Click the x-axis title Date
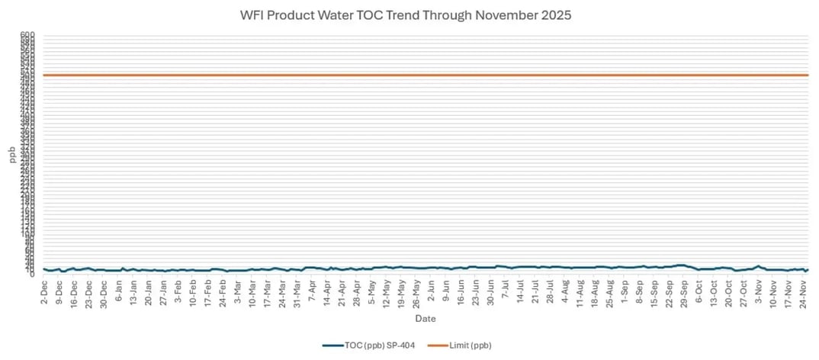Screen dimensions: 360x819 pyautogui.click(x=425, y=318)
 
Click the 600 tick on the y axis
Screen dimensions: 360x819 pyautogui.click(x=28, y=34)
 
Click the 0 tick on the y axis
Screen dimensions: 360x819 pyautogui.click(x=32, y=273)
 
